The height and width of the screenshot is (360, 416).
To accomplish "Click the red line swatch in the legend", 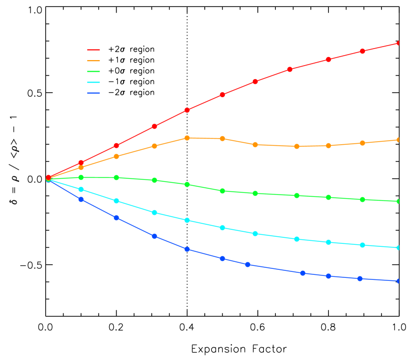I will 94,50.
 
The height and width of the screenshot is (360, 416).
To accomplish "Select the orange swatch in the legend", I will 94,61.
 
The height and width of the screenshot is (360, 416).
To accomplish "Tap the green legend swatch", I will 94,72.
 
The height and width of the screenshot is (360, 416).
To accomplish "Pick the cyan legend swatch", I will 94,82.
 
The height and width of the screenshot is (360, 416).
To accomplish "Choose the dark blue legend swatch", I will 94,93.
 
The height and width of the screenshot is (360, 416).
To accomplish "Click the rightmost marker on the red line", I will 398,43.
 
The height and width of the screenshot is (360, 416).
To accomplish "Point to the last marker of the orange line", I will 398,140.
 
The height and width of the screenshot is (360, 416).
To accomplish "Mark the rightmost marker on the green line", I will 398,201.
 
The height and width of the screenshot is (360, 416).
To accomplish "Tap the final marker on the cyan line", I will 398,247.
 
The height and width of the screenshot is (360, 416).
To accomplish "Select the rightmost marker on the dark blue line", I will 398,281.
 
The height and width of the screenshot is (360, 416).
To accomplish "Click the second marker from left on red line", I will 81,163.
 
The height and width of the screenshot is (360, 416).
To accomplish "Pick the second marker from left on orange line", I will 81,167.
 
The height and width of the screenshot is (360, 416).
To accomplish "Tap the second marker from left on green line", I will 81,177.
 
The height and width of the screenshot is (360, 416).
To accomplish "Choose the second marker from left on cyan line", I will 81,189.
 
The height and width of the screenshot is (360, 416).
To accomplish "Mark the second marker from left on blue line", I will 81,199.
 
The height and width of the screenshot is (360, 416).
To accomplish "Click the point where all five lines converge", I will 48,179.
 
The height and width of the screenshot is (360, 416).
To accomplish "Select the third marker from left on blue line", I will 116,218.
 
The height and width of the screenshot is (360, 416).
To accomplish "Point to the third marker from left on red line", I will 116,146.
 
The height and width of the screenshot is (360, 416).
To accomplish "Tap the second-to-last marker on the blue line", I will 360,278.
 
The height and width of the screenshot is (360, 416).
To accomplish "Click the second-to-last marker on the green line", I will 362,199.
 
